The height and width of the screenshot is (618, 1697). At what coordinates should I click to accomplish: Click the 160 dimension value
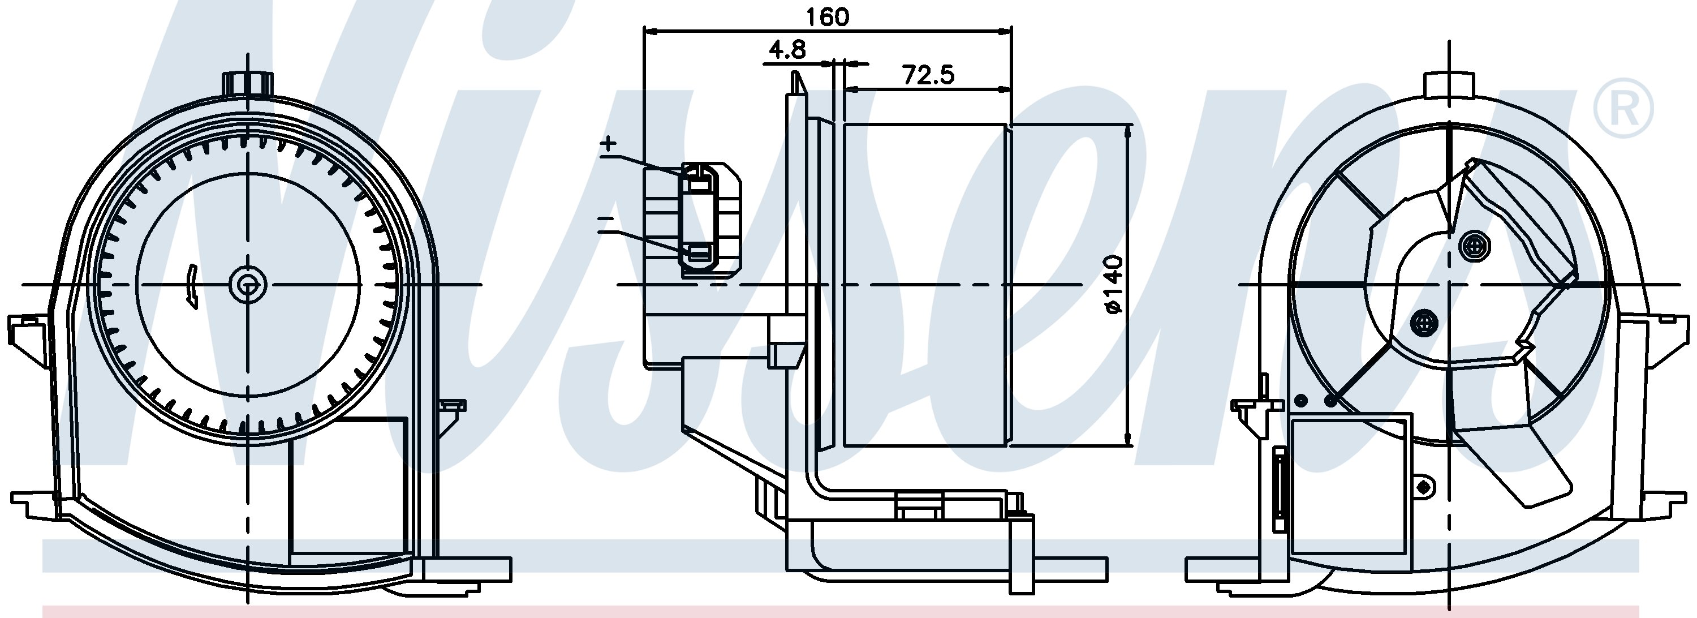click(828, 17)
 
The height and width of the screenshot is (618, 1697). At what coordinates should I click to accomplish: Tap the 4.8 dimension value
click(787, 49)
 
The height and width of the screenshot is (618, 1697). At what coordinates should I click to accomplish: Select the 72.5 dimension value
click(928, 75)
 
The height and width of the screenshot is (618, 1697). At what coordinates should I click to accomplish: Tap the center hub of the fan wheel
click(248, 285)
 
